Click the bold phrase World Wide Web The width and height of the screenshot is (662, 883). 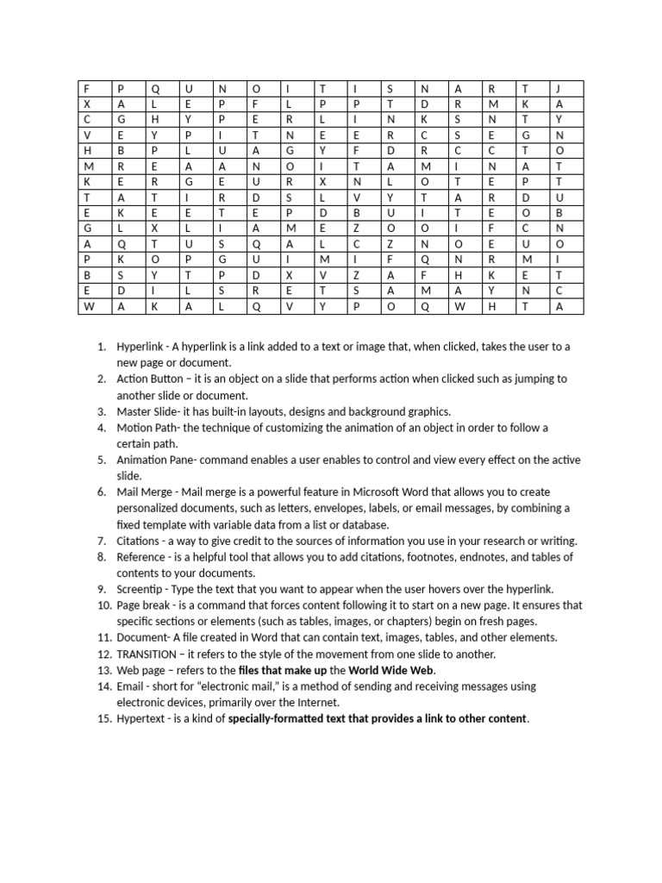coord(391,670)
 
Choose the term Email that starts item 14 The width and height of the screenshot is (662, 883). coord(131,686)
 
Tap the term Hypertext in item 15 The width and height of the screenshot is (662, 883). coord(142,718)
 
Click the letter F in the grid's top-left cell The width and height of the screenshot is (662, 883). coord(86,88)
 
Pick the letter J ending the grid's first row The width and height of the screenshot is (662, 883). coord(559,88)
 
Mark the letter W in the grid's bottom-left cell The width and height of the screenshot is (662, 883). coord(87,306)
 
